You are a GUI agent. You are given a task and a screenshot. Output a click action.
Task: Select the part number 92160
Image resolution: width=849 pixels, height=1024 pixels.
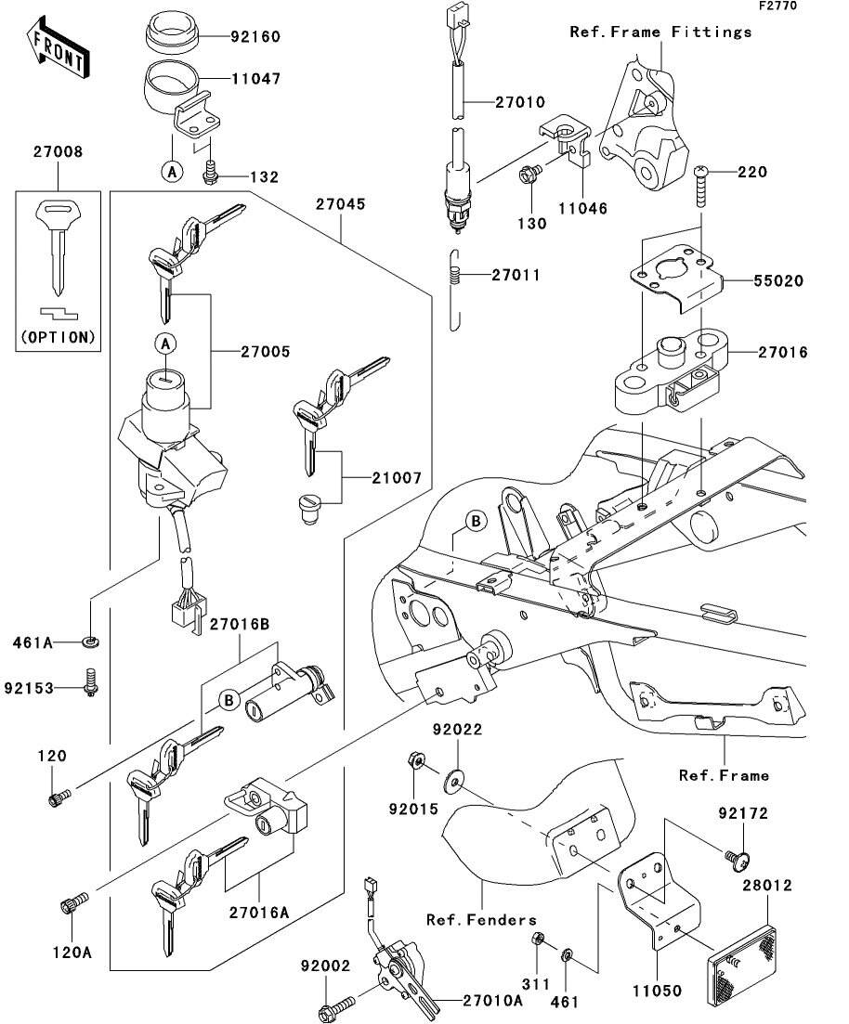point(255,37)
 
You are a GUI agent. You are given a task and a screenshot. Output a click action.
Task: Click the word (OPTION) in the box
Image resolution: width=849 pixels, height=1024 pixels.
point(58,337)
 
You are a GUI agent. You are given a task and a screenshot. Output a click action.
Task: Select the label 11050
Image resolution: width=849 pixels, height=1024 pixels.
point(656,992)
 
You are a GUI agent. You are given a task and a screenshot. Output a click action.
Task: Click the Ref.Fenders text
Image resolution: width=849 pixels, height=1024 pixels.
point(481,920)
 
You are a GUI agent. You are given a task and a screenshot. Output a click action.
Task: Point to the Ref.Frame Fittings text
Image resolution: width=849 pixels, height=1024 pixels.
point(660,32)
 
